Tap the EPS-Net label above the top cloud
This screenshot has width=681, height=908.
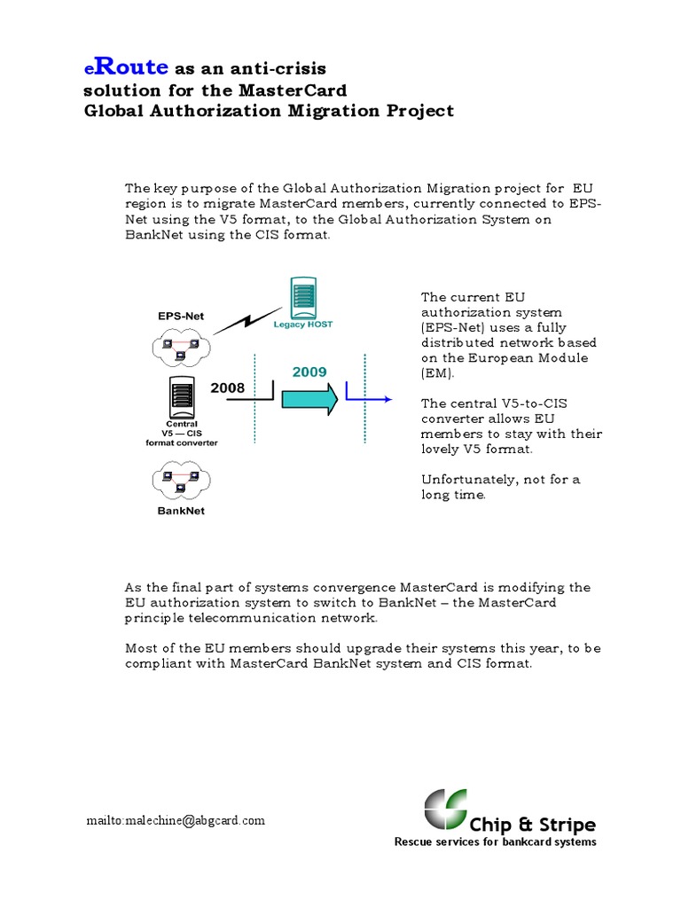[181, 315]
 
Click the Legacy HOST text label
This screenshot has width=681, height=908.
[303, 325]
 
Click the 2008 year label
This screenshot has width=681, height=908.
[227, 387]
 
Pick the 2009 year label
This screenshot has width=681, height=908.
[309, 372]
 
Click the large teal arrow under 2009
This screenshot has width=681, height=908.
[309, 398]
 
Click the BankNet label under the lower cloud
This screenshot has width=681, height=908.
[181, 511]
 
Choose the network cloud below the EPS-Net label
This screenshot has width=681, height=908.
[181, 345]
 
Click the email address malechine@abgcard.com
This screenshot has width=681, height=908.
[176, 820]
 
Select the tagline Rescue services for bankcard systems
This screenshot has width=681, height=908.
[495, 842]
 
